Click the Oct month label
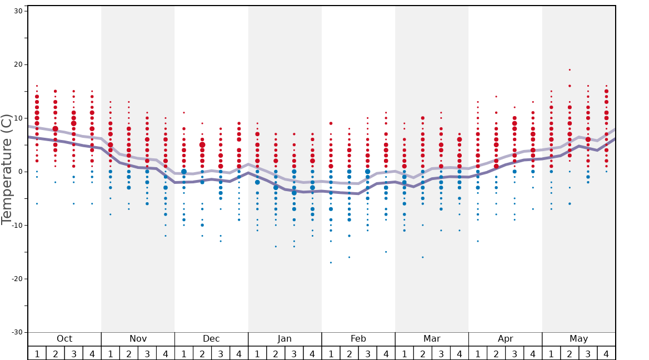coord(64,339)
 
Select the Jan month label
coord(284,339)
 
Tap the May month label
coord(578,339)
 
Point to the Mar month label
coord(432,339)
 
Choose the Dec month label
coord(211,339)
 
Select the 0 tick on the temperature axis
coord(19,172)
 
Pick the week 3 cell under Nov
coord(147,353)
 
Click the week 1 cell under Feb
coord(331,353)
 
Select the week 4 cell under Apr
coord(533,353)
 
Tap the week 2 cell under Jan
coord(276,353)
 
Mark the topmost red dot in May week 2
coord(570,70)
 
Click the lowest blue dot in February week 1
coord(331,262)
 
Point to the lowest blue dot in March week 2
coord(422,257)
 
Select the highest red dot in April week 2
coord(496,97)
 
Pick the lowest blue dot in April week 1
coord(477,241)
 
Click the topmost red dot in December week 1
coord(184,113)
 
